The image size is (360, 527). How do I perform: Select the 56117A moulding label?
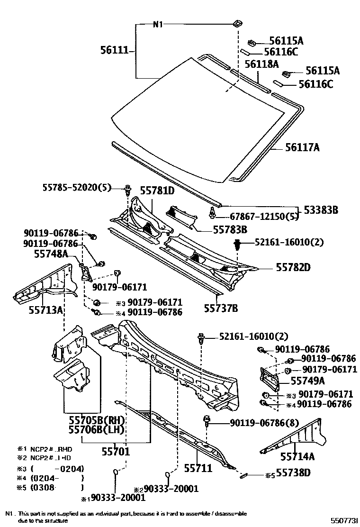302,148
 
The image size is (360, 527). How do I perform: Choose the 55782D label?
293,268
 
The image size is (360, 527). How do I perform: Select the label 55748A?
51,254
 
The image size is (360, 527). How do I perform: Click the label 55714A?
297,456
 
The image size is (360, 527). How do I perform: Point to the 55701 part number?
116,452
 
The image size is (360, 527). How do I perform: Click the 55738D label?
294,472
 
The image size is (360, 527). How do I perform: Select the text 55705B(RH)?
96,420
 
